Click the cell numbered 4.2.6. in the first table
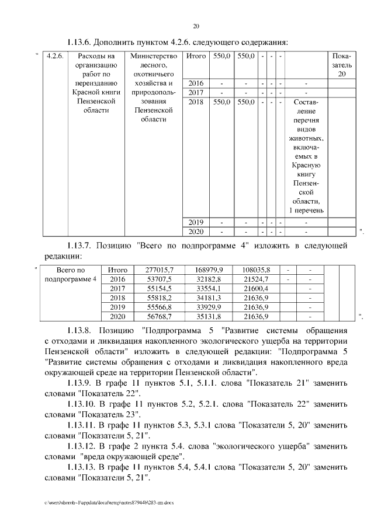point(55,57)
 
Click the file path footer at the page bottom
point(108,502)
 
